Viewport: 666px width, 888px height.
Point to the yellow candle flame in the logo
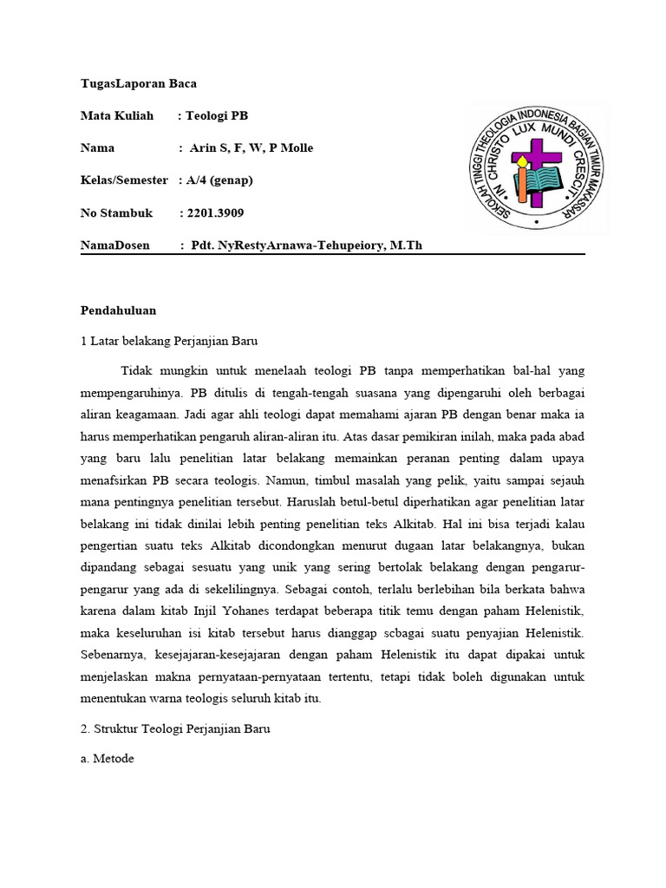[520, 160]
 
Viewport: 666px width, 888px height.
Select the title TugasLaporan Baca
[139, 83]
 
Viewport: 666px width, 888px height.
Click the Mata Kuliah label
[117, 115]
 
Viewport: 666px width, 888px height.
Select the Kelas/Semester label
[124, 180]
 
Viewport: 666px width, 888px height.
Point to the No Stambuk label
[117, 212]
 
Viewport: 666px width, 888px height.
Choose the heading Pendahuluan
[119, 310]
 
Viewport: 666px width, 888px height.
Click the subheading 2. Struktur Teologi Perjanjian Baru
[175, 729]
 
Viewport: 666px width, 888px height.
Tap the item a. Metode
[108, 759]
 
